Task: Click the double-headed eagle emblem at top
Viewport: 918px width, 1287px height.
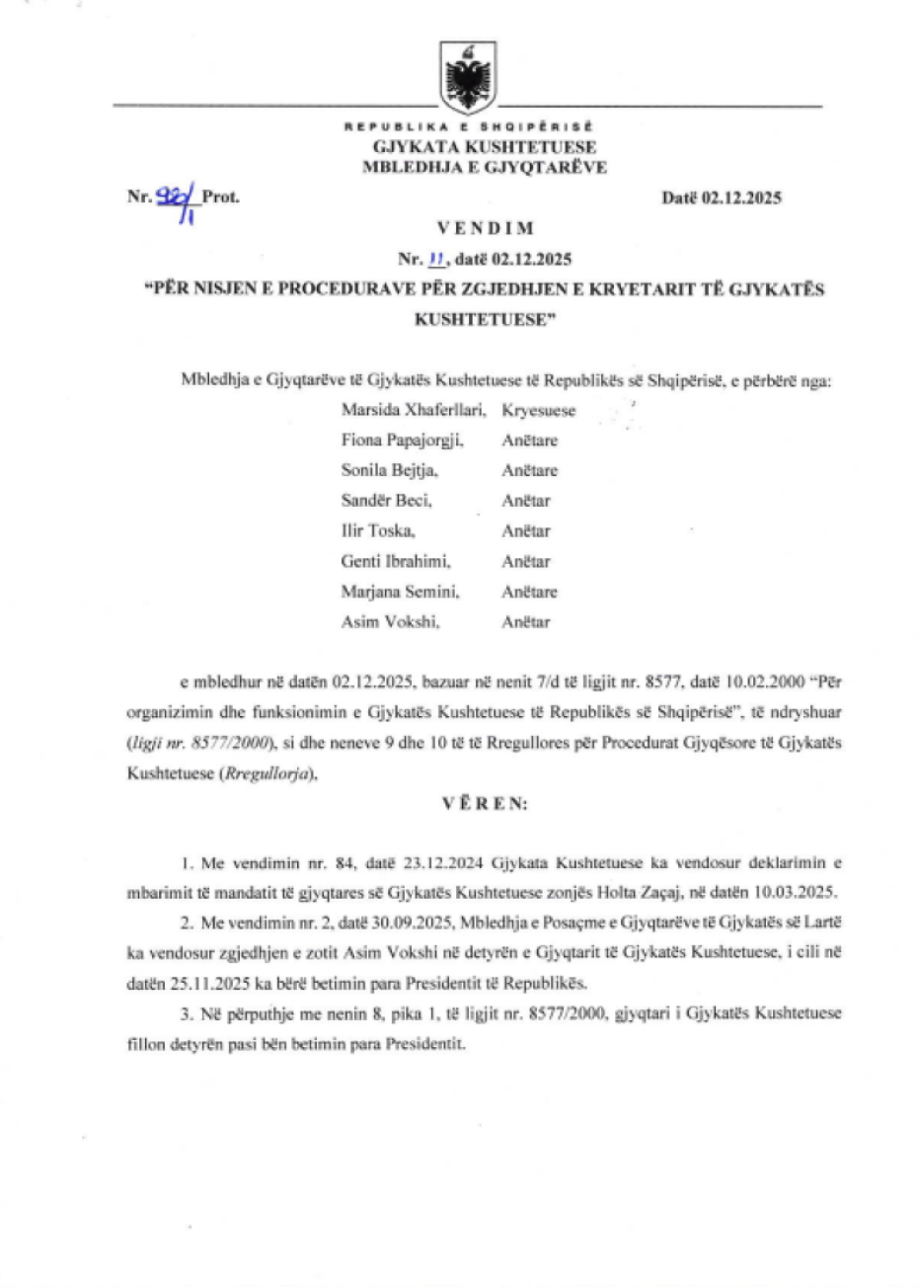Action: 468,74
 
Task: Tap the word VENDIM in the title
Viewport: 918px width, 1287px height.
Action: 485,228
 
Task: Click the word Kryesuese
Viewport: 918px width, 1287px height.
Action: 538,410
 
